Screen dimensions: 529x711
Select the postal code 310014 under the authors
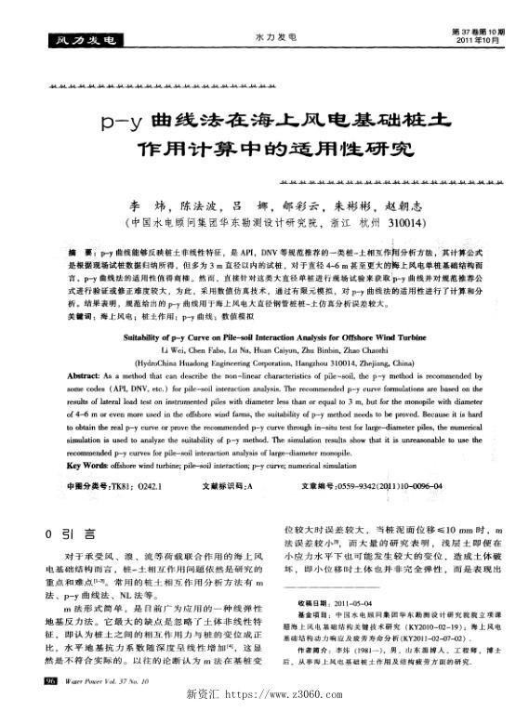[x=408, y=224]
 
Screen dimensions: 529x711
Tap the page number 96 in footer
[x=48, y=681]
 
